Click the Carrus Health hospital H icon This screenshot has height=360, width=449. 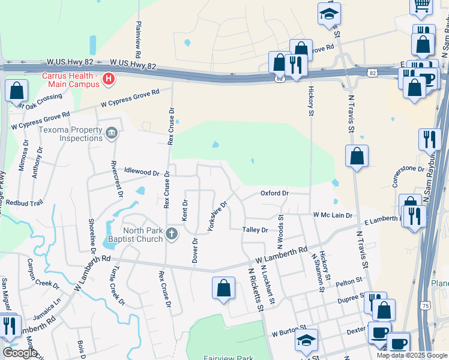point(108,79)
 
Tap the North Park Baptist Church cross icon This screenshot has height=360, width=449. point(172,233)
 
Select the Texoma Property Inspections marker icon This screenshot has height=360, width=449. point(111,133)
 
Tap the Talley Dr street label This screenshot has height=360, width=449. point(255,230)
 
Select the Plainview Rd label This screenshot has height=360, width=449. point(139,35)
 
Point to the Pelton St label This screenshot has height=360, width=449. point(349,280)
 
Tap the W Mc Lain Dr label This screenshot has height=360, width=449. point(332,215)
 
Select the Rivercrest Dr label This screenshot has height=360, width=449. point(117,178)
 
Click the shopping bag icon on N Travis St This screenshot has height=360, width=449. point(357,157)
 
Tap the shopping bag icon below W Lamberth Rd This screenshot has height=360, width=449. point(223,287)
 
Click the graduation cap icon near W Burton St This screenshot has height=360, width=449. point(306,340)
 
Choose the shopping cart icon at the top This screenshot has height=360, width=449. point(421,5)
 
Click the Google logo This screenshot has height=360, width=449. point(20,353)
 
